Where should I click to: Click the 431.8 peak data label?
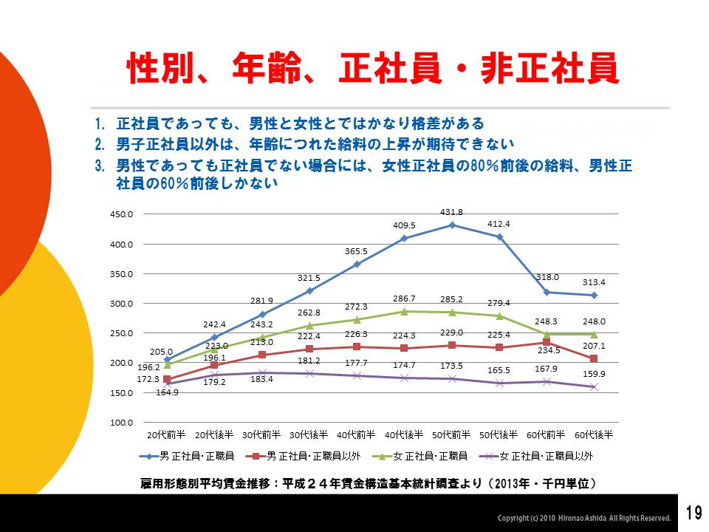point(451,213)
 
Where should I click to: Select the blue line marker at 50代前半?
point(452,225)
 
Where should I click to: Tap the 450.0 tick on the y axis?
point(123,215)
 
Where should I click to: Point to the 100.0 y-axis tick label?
point(123,423)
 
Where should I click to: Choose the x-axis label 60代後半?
point(594,434)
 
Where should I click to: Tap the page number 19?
point(693,513)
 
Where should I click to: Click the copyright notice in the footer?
point(584,517)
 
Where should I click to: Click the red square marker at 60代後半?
point(594,359)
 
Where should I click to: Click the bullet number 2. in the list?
point(100,143)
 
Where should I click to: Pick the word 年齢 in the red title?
point(267,70)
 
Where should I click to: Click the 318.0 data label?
point(547,277)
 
